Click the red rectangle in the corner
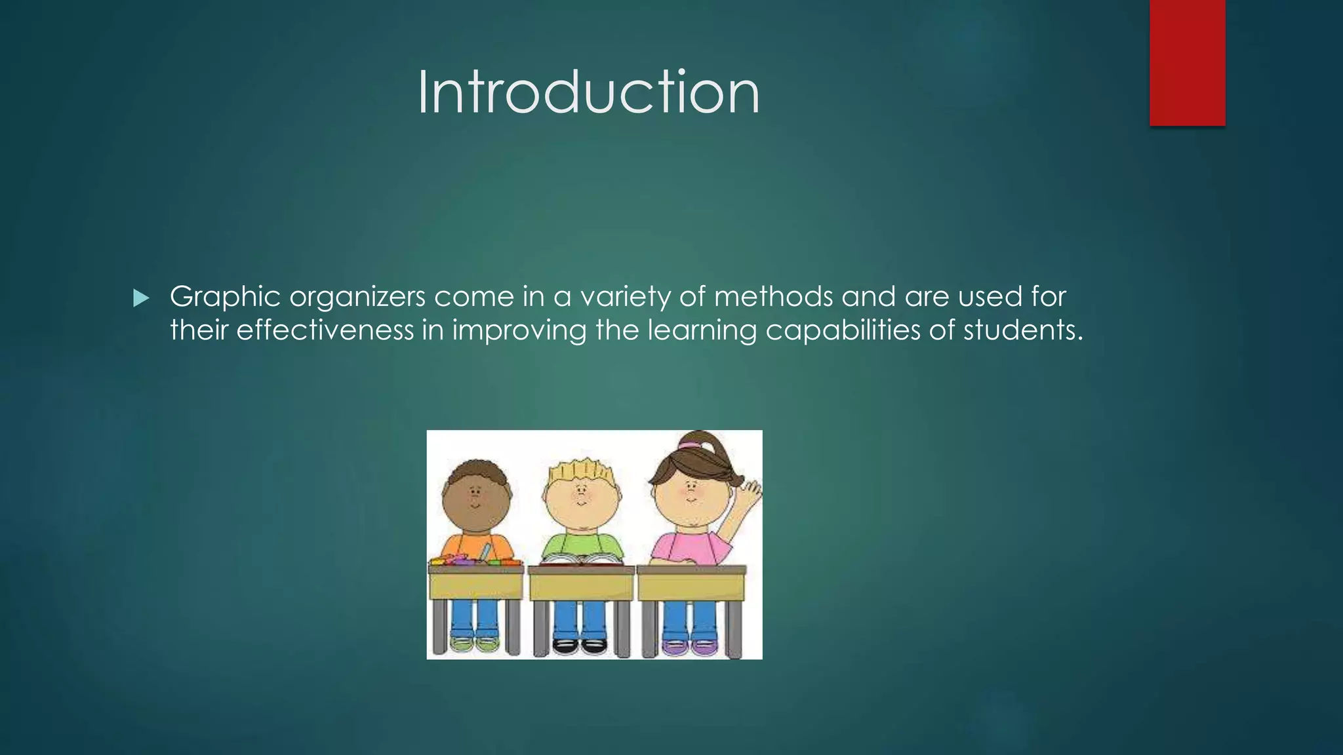1187,62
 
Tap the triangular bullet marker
140,299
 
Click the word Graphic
225,298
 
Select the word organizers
357,298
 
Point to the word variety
625,298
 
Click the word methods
773,297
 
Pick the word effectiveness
325,330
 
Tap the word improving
519,330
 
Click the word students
1022,330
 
